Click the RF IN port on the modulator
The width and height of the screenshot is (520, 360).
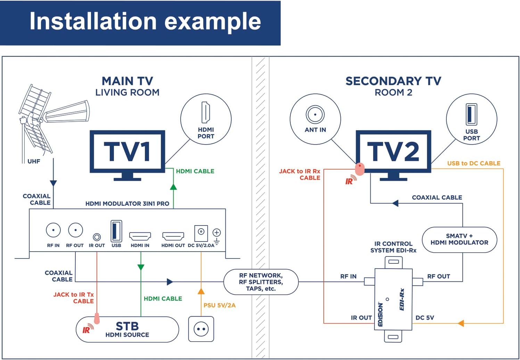coord(53,230)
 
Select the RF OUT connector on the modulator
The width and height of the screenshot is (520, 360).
coord(75,230)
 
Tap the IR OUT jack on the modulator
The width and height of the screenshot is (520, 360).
coord(97,237)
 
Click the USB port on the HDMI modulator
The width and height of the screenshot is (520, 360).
coord(116,231)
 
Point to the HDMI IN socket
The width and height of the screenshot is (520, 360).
coord(140,237)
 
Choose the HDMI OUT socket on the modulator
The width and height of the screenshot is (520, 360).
coord(173,237)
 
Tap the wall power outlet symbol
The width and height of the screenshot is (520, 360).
coord(201,329)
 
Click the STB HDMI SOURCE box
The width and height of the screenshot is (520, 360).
coord(127,329)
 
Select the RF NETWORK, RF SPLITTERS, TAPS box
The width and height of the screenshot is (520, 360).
coord(261,282)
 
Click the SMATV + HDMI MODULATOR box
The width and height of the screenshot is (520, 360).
coord(459,239)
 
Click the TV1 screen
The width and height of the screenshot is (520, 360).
coord(127,152)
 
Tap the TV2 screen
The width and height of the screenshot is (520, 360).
coord(394,152)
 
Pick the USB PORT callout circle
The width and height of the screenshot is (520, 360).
coord(471,119)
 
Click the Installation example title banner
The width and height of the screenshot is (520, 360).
coord(140,23)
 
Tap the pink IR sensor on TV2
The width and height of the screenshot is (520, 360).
coord(360,169)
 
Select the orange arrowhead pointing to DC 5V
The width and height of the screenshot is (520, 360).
coord(461,323)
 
